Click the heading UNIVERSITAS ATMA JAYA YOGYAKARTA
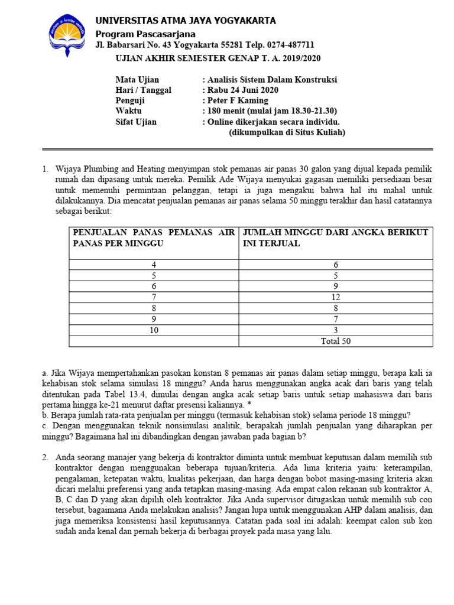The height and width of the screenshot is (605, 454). (186, 21)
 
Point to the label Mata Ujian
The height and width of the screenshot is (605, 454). (137, 79)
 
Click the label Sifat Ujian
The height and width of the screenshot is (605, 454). (136, 122)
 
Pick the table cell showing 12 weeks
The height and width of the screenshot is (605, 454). (336, 298)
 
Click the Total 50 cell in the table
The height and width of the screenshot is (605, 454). (336, 341)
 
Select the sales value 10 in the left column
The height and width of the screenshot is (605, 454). (154, 330)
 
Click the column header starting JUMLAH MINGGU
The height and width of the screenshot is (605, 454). (335, 238)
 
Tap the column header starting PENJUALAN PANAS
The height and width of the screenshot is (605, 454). (154, 238)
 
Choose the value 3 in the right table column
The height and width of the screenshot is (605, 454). (336, 330)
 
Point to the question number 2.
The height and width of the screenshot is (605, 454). (45, 457)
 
